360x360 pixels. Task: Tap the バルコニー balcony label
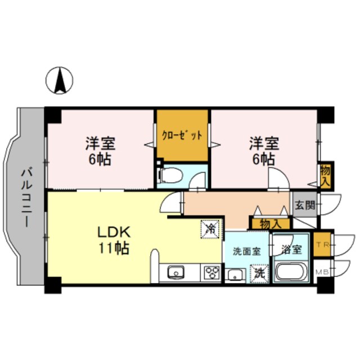pos(26,196)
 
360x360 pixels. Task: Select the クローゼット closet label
pos(182,136)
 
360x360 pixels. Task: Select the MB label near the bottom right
pos(321,273)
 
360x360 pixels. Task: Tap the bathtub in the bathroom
pos(291,274)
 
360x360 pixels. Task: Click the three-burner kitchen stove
pos(211,273)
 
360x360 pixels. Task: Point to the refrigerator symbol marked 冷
pos(210,228)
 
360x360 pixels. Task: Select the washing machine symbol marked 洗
pos(259,273)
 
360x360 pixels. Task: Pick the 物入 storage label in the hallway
pos(271,224)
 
